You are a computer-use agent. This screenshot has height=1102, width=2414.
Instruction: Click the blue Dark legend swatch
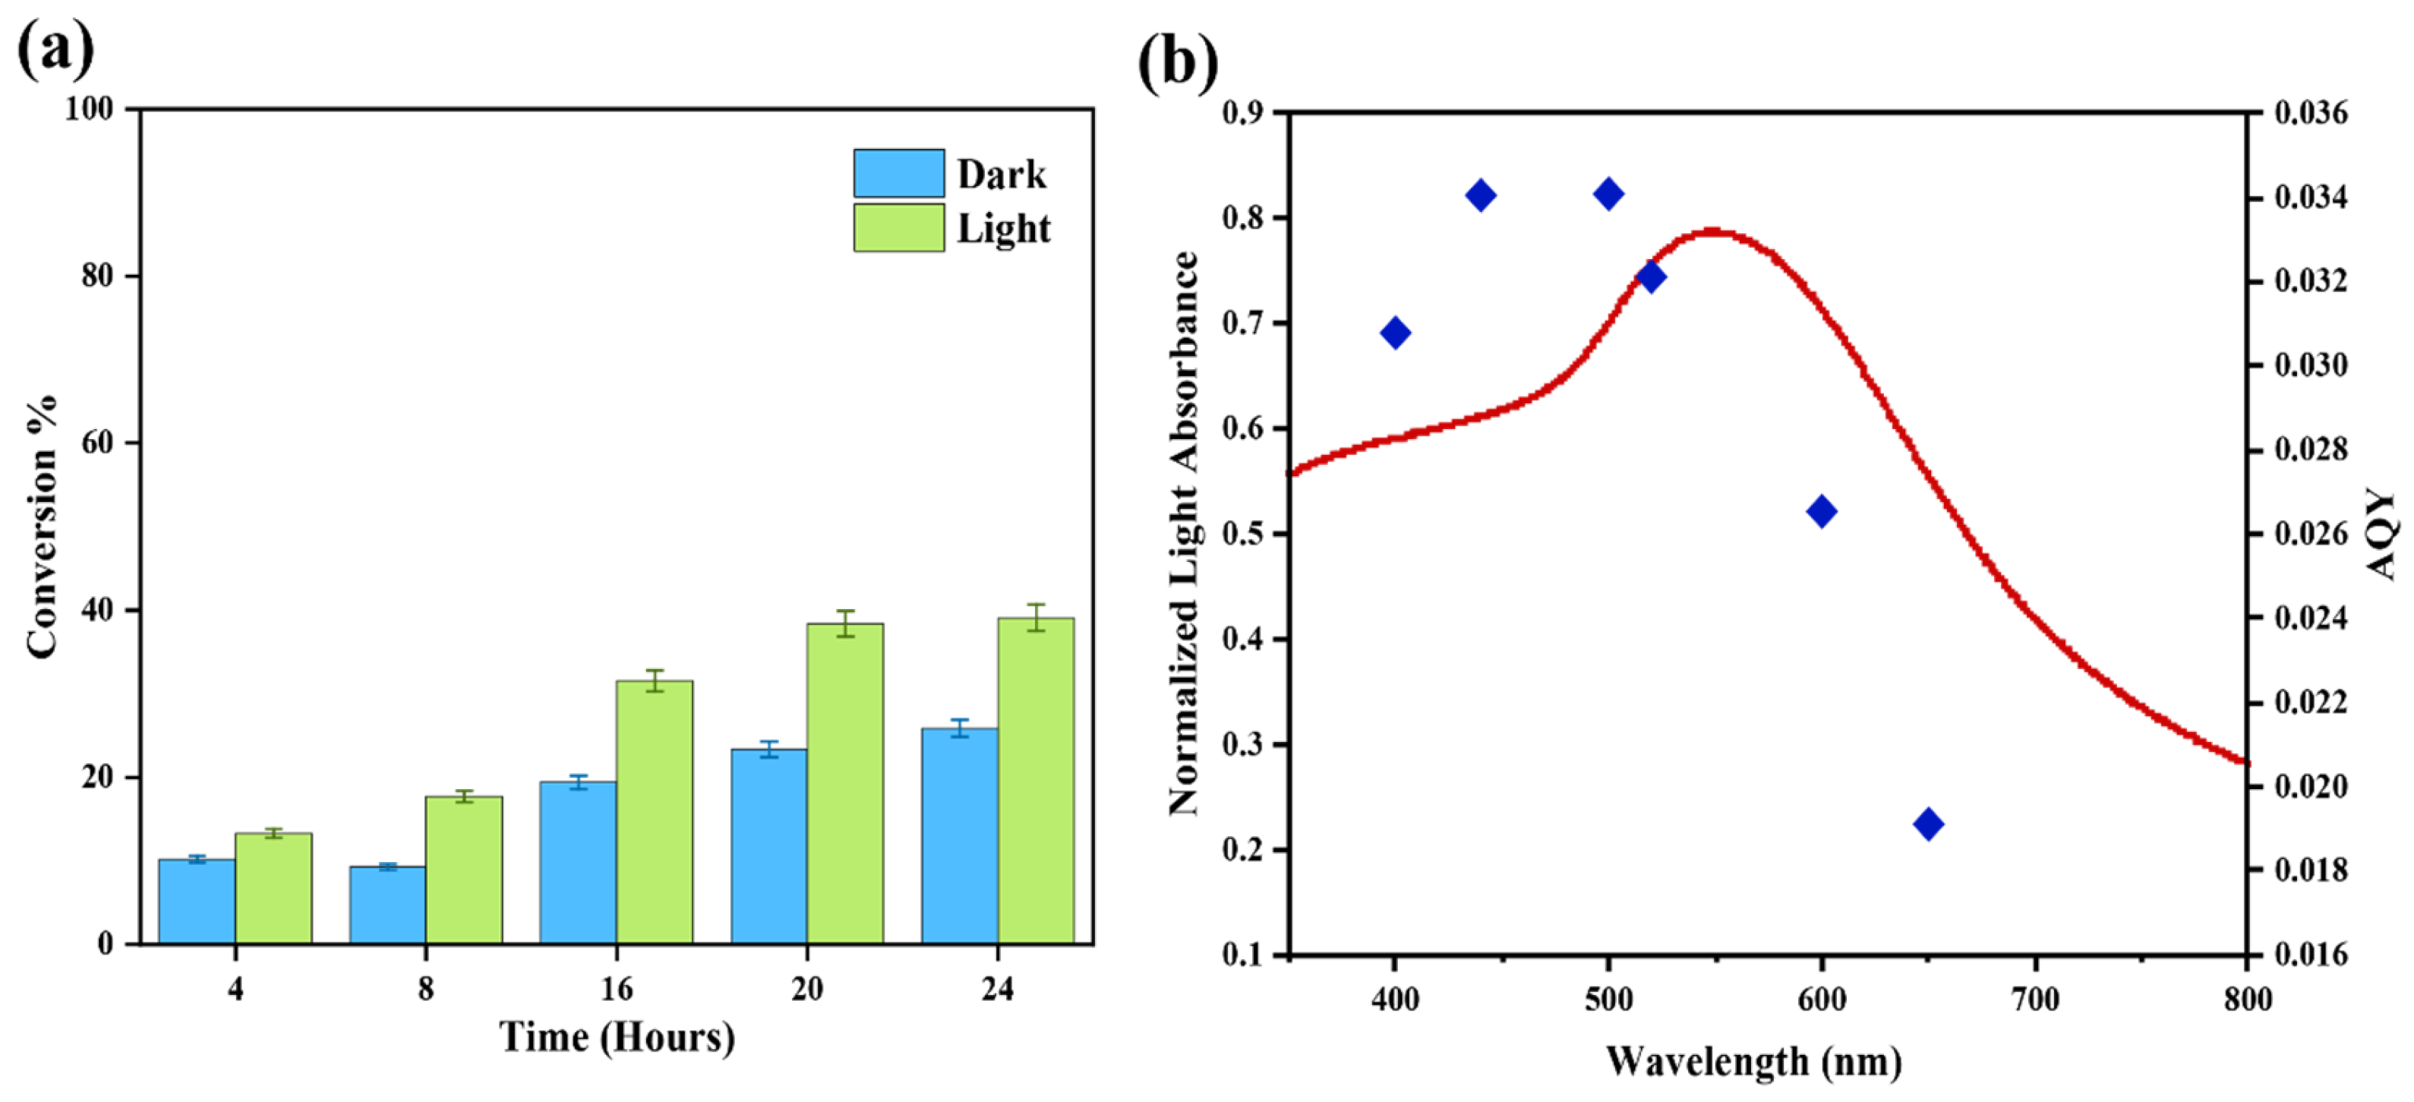point(898,173)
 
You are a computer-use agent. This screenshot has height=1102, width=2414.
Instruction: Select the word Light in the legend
point(1002,229)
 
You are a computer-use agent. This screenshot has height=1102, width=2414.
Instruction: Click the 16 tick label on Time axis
point(616,989)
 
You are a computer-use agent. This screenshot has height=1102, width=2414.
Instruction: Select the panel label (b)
point(1177,64)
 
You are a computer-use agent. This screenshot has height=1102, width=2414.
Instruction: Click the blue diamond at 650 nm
point(1928,825)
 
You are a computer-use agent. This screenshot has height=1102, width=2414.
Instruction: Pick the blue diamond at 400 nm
point(1396,333)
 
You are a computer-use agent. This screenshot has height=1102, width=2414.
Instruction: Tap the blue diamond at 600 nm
point(1821,512)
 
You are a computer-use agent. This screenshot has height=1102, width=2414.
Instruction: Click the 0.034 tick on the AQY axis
point(2311,197)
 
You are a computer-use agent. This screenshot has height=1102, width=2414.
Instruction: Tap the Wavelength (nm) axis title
point(1753,1062)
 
